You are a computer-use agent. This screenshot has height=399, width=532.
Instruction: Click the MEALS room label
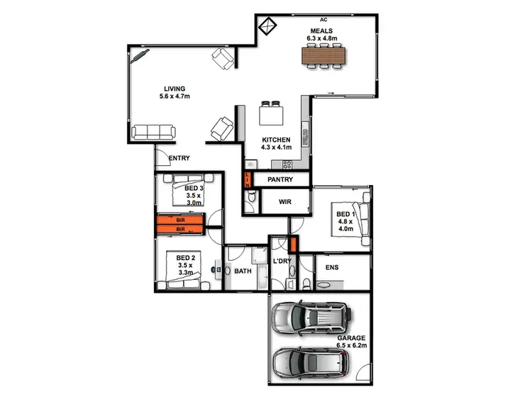319,31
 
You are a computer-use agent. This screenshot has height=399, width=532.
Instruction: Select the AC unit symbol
267,26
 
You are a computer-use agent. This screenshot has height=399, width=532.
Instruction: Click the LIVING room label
173,89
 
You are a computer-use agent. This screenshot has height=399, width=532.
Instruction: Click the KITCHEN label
275,140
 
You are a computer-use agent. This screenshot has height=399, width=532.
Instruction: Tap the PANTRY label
281,181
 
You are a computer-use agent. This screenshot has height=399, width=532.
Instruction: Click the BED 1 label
345,214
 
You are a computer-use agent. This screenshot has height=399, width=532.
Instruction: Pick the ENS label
331,268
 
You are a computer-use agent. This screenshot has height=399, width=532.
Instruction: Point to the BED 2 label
186,257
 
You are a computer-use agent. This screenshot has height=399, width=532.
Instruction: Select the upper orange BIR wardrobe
180,220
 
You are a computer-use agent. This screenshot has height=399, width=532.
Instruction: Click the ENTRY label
179,158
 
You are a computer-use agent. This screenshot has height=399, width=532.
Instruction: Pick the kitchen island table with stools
270,114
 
